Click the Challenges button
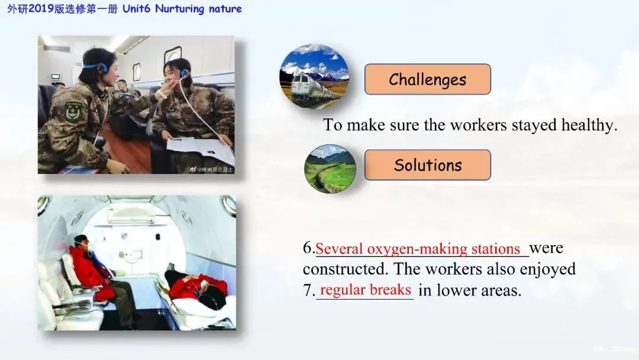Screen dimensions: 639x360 (x=428, y=79)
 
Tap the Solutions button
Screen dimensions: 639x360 (x=428, y=165)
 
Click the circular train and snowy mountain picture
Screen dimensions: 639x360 (x=314, y=76)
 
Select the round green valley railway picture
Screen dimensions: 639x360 (x=330, y=168)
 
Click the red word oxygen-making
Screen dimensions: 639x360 (x=417, y=249)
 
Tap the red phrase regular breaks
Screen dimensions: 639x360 (x=366, y=290)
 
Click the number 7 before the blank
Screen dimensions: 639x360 (x=309, y=290)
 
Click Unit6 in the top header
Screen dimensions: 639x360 (x=137, y=8)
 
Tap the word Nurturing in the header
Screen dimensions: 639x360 (x=180, y=9)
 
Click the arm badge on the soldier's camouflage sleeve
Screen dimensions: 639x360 (x=74, y=111)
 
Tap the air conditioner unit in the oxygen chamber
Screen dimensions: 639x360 (x=131, y=214)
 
